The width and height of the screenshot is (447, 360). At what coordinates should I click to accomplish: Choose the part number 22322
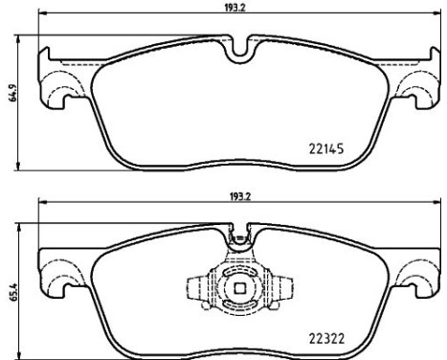tap(326, 337)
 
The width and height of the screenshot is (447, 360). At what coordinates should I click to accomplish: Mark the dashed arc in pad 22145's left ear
tap(63, 92)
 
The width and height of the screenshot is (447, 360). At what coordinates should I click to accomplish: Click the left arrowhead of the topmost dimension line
tap(40, 14)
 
